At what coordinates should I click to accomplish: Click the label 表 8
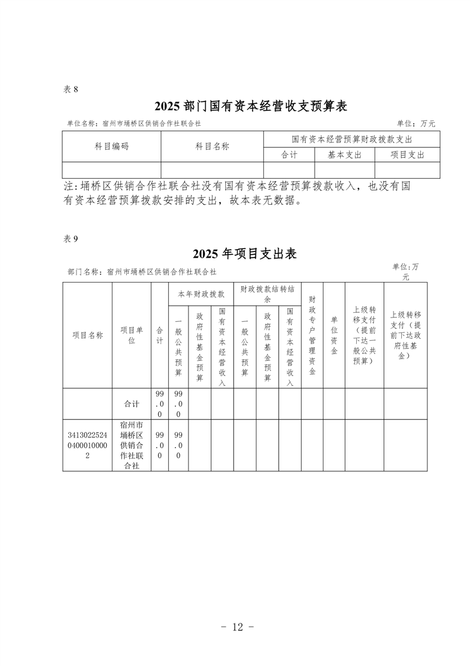(x=71, y=89)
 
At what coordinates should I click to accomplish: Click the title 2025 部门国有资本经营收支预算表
(x=250, y=107)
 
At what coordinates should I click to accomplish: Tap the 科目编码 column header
(x=111, y=146)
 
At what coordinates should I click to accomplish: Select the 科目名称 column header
(x=212, y=146)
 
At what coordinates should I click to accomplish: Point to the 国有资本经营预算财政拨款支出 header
(x=351, y=139)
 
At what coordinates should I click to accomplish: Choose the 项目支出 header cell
(x=407, y=154)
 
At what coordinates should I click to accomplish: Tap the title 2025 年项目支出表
(x=244, y=254)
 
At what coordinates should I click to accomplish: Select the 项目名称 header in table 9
(x=88, y=335)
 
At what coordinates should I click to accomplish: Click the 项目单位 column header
(x=132, y=335)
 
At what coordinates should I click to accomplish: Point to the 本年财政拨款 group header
(x=201, y=294)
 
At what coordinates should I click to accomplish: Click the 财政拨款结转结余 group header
(x=267, y=294)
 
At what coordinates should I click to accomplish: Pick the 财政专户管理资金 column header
(x=312, y=335)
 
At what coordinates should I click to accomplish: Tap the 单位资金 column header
(x=334, y=335)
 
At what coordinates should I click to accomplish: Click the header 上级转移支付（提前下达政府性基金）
(x=405, y=335)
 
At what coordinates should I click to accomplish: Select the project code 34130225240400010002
(x=88, y=446)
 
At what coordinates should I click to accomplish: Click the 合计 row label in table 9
(x=132, y=404)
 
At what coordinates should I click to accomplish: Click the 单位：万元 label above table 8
(x=416, y=123)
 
